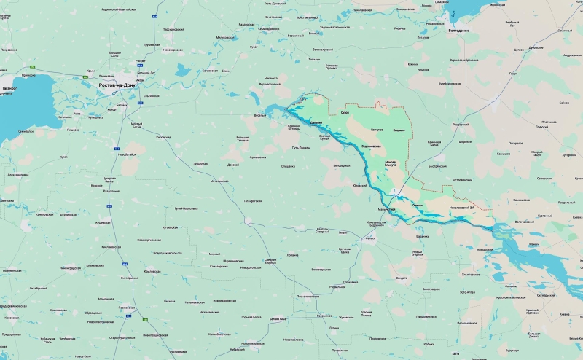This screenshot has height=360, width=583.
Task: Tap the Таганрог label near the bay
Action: click(9, 88)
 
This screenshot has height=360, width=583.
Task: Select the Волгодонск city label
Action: click(458, 30)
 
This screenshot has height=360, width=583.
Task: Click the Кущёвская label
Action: click(103, 222)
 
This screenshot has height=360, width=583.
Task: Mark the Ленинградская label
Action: click(70, 267)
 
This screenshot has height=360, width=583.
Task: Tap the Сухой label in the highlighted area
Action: click(345, 112)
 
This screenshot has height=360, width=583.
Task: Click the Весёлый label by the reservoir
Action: click(259, 115)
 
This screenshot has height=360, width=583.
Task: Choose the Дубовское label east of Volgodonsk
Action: click(536, 48)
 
